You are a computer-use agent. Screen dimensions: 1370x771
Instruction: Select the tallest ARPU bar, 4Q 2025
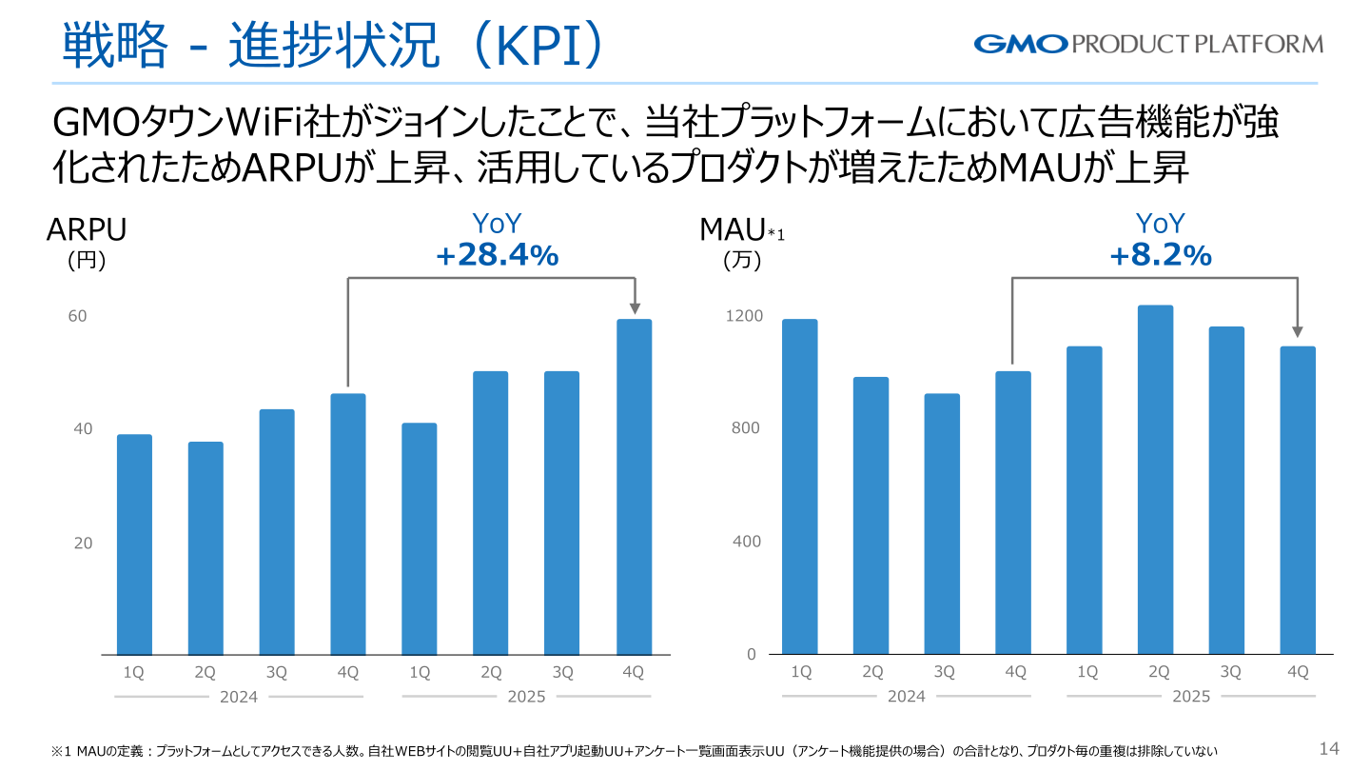[635, 487]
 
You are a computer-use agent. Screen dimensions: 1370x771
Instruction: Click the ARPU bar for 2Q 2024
[205, 548]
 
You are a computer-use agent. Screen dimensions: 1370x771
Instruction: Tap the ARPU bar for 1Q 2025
[420, 539]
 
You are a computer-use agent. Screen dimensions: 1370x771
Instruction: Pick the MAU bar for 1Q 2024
[800, 487]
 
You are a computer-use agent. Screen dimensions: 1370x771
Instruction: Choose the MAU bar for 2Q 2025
[1155, 480]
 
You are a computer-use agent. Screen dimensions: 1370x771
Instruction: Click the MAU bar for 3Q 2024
[942, 524]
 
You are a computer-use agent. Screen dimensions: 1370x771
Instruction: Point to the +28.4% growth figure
[498, 255]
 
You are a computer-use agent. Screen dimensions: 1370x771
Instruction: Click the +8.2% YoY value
[1161, 255]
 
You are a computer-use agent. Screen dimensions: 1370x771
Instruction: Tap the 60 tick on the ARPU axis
[77, 316]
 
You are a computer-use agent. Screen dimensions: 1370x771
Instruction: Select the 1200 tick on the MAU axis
[744, 316]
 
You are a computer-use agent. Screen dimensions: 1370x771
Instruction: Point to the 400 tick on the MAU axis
[747, 541]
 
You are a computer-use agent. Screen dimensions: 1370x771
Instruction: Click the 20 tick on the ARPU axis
[83, 543]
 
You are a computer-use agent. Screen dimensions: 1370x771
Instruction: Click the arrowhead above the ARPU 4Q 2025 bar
[635, 307]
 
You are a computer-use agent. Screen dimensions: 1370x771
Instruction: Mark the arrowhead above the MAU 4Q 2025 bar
[1298, 331]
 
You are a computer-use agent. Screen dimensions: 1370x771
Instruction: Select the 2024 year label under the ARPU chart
[239, 697]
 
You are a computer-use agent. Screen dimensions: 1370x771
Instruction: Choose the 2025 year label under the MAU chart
[1191, 697]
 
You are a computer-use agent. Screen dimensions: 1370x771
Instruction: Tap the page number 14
[1329, 748]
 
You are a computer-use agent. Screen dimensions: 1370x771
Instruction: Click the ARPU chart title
[87, 230]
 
